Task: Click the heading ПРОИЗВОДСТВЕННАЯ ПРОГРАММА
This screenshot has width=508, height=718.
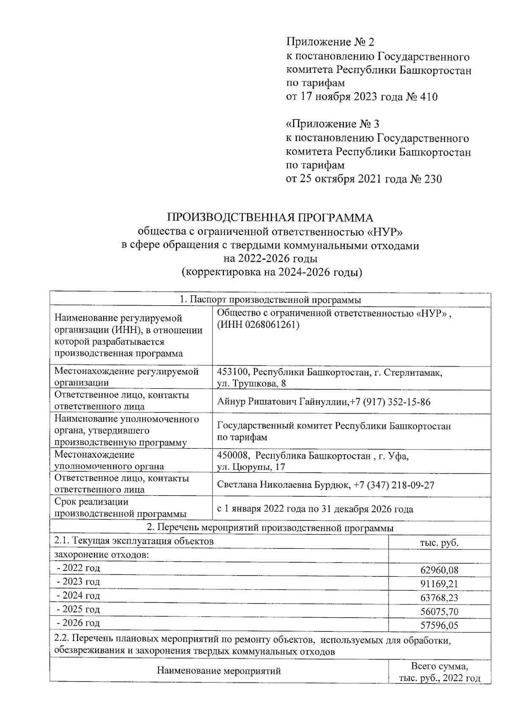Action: pyautogui.click(x=271, y=218)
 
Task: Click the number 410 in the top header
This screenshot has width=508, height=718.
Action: pyautogui.click(x=428, y=97)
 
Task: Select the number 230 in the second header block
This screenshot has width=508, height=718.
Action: pyautogui.click(x=432, y=179)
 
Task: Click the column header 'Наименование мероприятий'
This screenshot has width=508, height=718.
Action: pyautogui.click(x=219, y=671)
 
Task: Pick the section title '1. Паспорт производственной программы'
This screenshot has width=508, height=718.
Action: pyautogui.click(x=271, y=300)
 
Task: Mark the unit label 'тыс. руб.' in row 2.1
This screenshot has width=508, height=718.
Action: pyautogui.click(x=439, y=543)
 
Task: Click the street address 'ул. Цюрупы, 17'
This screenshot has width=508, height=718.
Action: pyautogui.click(x=251, y=467)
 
